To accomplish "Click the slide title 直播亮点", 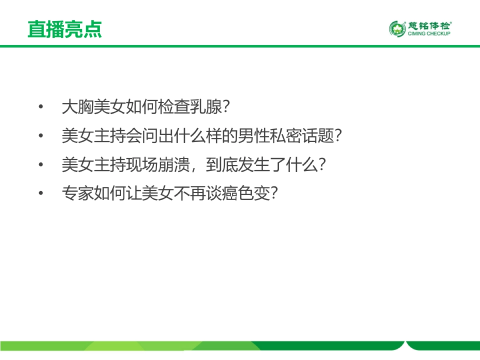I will (x=64, y=29).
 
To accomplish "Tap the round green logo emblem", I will (x=397, y=29).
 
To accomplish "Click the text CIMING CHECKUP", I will (x=429, y=34).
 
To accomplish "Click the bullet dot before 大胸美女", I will (x=40, y=108).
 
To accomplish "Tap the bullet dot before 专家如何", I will (x=40, y=194).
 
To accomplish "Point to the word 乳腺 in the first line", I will (x=206, y=108).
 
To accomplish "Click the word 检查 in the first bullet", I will (x=174, y=108).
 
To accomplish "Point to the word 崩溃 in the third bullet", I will (x=174, y=165).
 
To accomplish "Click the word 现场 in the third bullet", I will (x=142, y=165).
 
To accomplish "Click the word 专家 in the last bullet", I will (x=78, y=194).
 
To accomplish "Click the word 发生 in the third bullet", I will (x=254, y=165).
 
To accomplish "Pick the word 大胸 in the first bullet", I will (x=78, y=108).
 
